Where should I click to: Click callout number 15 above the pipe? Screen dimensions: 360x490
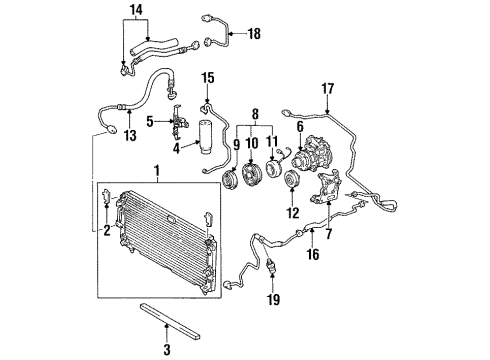pos(209,77)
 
